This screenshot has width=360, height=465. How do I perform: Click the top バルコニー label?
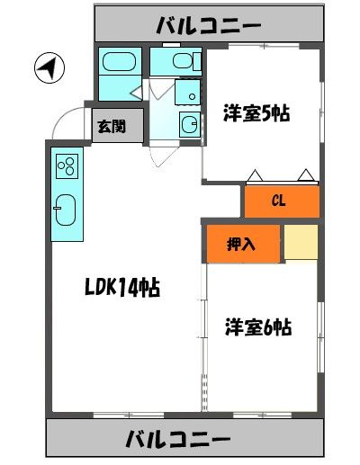[x=206, y=24]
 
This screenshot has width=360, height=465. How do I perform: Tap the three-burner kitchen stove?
[x=67, y=166]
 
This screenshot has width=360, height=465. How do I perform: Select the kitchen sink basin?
[x=67, y=210]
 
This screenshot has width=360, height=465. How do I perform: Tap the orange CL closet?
[x=280, y=201]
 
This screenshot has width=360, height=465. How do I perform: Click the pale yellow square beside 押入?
[x=301, y=242]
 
